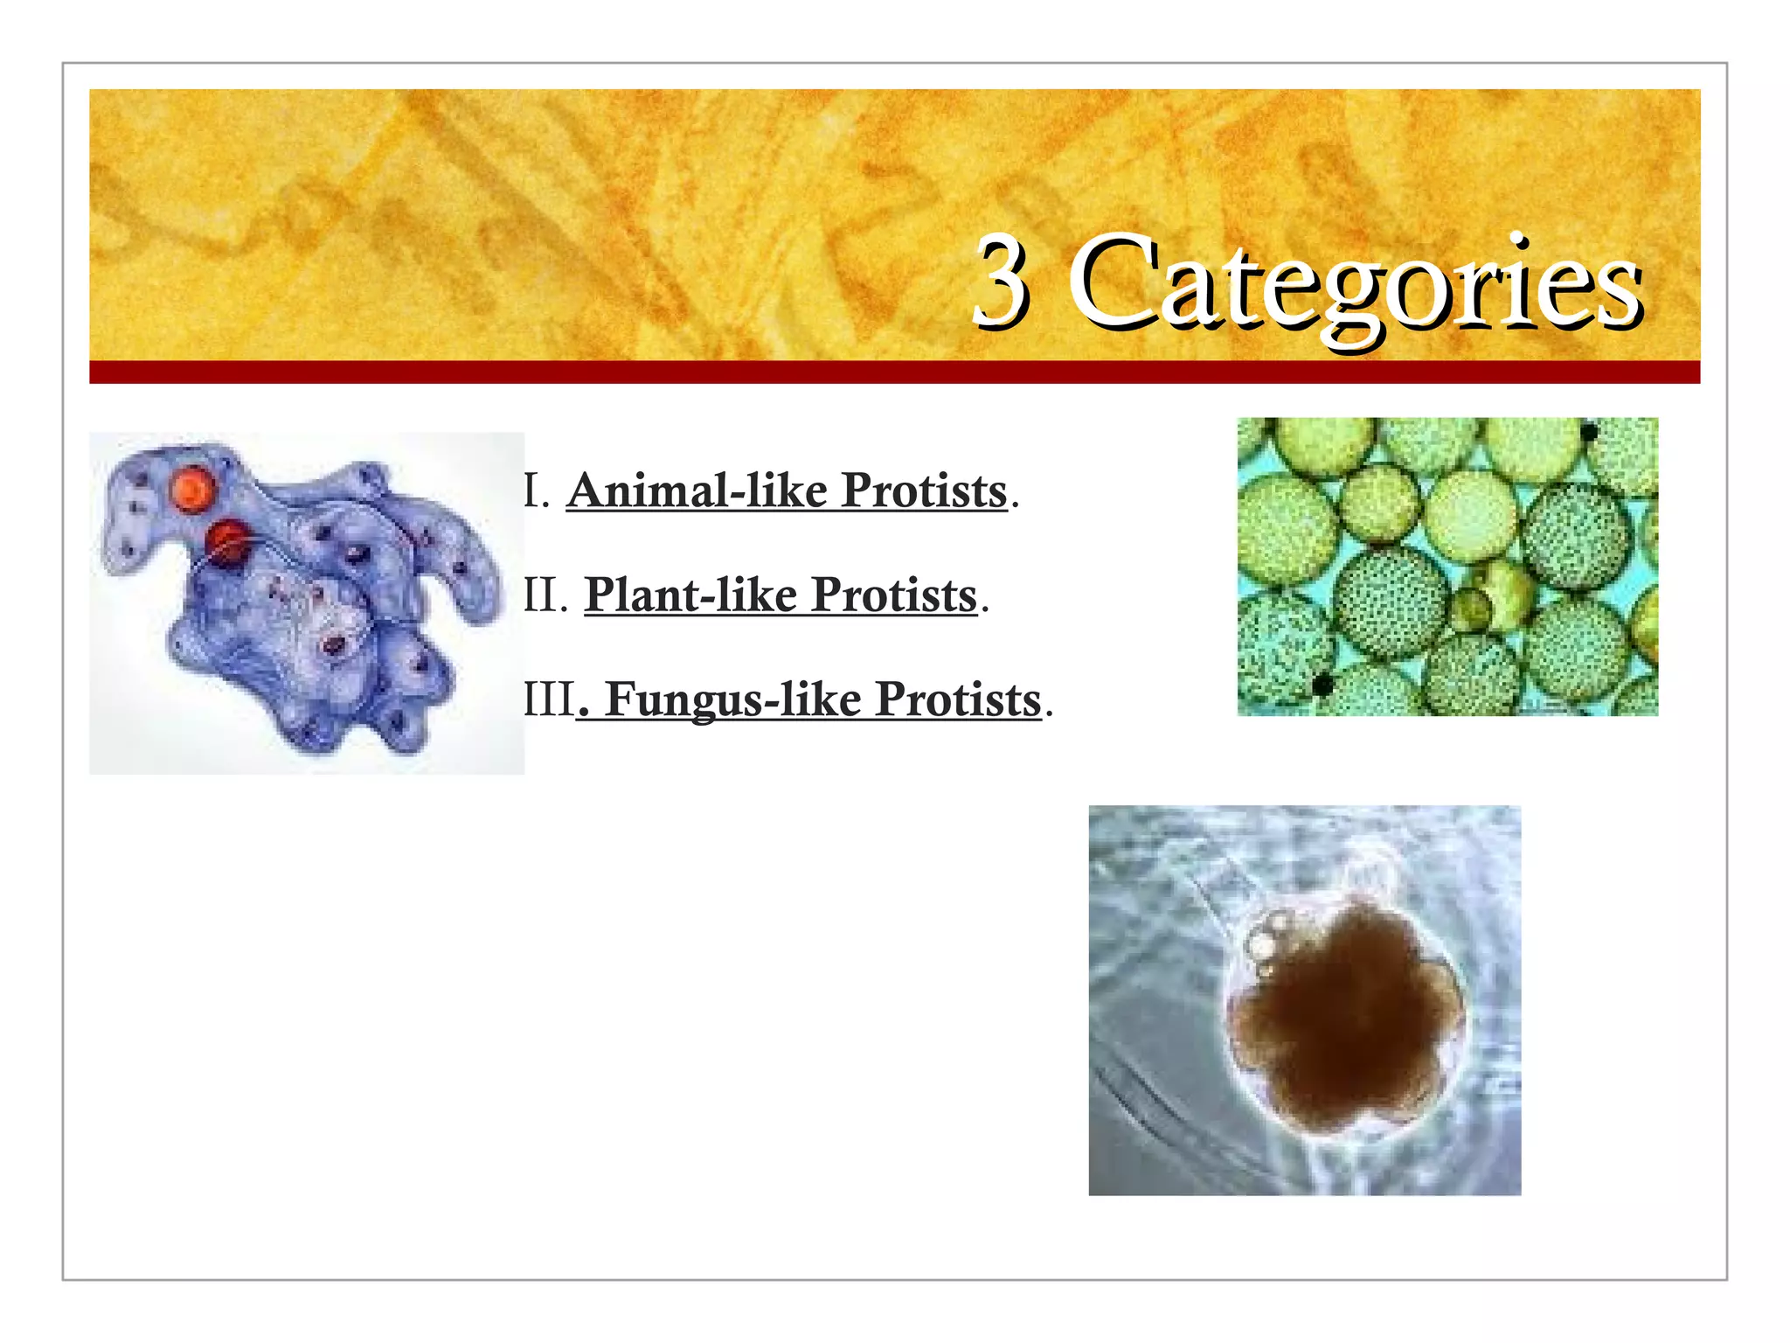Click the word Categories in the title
pos(1356,284)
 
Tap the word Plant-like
pos(690,595)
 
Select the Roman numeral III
pos(549,699)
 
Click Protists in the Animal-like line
pos(924,491)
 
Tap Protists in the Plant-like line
pos(893,595)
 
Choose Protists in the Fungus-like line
pos(958,699)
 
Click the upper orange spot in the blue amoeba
pos(193,489)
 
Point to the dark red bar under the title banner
pos(894,372)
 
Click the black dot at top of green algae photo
pos(1589,432)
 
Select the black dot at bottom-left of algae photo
pos(1322,685)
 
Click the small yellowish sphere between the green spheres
pos(1472,607)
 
